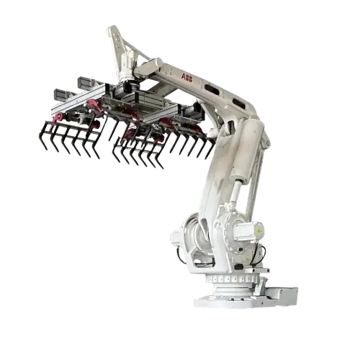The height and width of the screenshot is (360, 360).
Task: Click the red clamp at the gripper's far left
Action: [57, 115]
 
